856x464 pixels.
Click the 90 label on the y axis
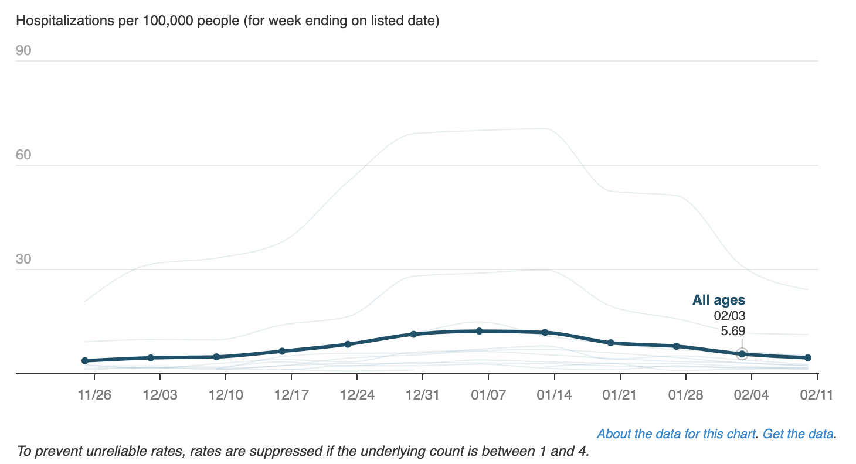[23, 51]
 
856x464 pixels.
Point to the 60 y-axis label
[23, 155]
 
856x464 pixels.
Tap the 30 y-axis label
[23, 260]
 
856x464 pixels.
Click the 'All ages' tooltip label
[719, 301]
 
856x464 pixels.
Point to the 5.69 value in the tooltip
[733, 331]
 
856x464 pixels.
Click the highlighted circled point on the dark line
[742, 354]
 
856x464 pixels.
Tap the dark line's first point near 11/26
[85, 361]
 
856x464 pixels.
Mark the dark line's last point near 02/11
[807, 357]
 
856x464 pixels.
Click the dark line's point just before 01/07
[479, 331]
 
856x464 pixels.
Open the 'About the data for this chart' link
[676, 434]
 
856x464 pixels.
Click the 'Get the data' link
[799, 434]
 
